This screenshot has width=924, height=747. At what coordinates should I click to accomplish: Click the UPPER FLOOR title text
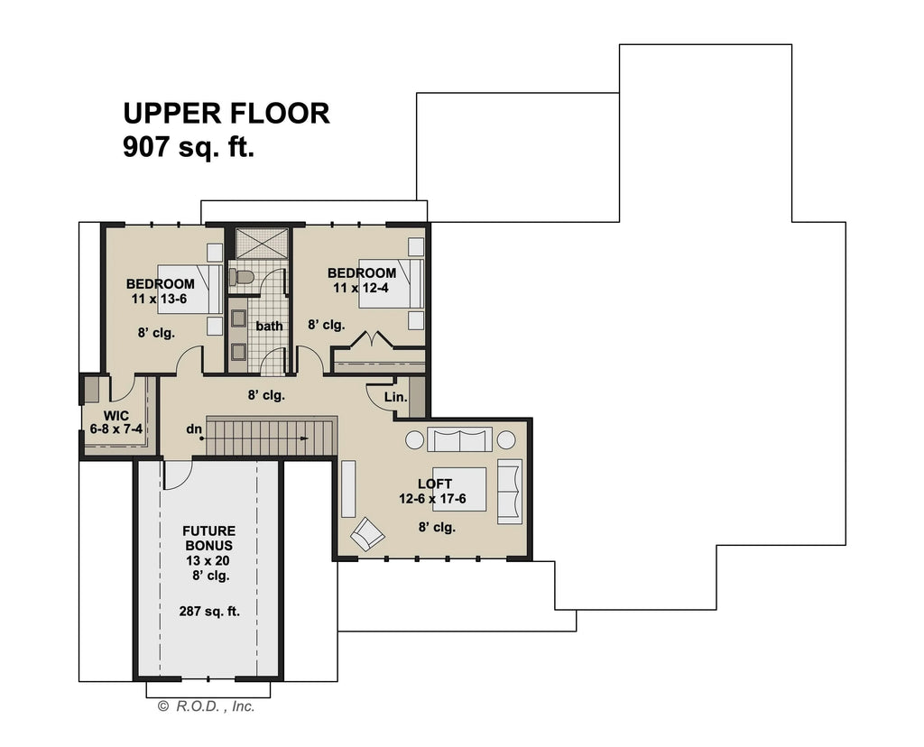226,114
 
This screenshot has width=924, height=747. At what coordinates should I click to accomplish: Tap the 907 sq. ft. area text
189,147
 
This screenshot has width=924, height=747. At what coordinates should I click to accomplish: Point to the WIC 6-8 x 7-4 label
115,423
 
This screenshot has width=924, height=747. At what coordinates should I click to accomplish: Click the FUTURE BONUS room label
209,539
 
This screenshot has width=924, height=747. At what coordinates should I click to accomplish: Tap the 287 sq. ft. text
209,611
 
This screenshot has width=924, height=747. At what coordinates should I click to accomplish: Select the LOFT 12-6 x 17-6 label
435,491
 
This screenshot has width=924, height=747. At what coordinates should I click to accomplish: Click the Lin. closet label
395,397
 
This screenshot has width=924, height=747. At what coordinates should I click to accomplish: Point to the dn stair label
193,430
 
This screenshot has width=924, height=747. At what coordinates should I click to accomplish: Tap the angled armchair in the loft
367,533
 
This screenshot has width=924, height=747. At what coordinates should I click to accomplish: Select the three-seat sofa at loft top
459,439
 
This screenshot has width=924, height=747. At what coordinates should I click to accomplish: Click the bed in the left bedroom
190,288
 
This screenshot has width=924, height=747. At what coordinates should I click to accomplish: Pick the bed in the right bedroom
391,283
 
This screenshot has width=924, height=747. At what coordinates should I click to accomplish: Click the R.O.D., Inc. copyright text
207,706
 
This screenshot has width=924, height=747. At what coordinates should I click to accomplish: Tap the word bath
269,326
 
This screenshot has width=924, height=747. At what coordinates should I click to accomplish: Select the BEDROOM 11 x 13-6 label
160,290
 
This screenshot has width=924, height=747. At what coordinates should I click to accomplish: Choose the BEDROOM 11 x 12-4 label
361,280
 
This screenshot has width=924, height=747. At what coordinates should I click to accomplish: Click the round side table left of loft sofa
414,439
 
